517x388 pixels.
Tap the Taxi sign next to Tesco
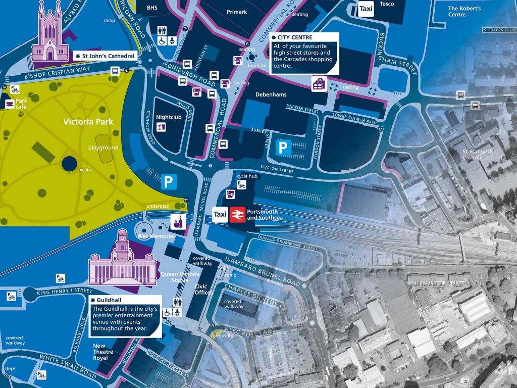click(366, 9)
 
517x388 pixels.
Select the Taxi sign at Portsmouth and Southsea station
click(220, 214)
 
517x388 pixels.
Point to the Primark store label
click(237, 11)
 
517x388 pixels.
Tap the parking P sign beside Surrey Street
click(283, 148)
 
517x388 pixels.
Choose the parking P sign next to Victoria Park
click(169, 182)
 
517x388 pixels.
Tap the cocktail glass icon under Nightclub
click(161, 127)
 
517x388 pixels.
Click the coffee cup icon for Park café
click(10, 104)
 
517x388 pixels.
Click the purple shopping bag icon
click(319, 84)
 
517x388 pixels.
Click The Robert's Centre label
click(464, 11)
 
